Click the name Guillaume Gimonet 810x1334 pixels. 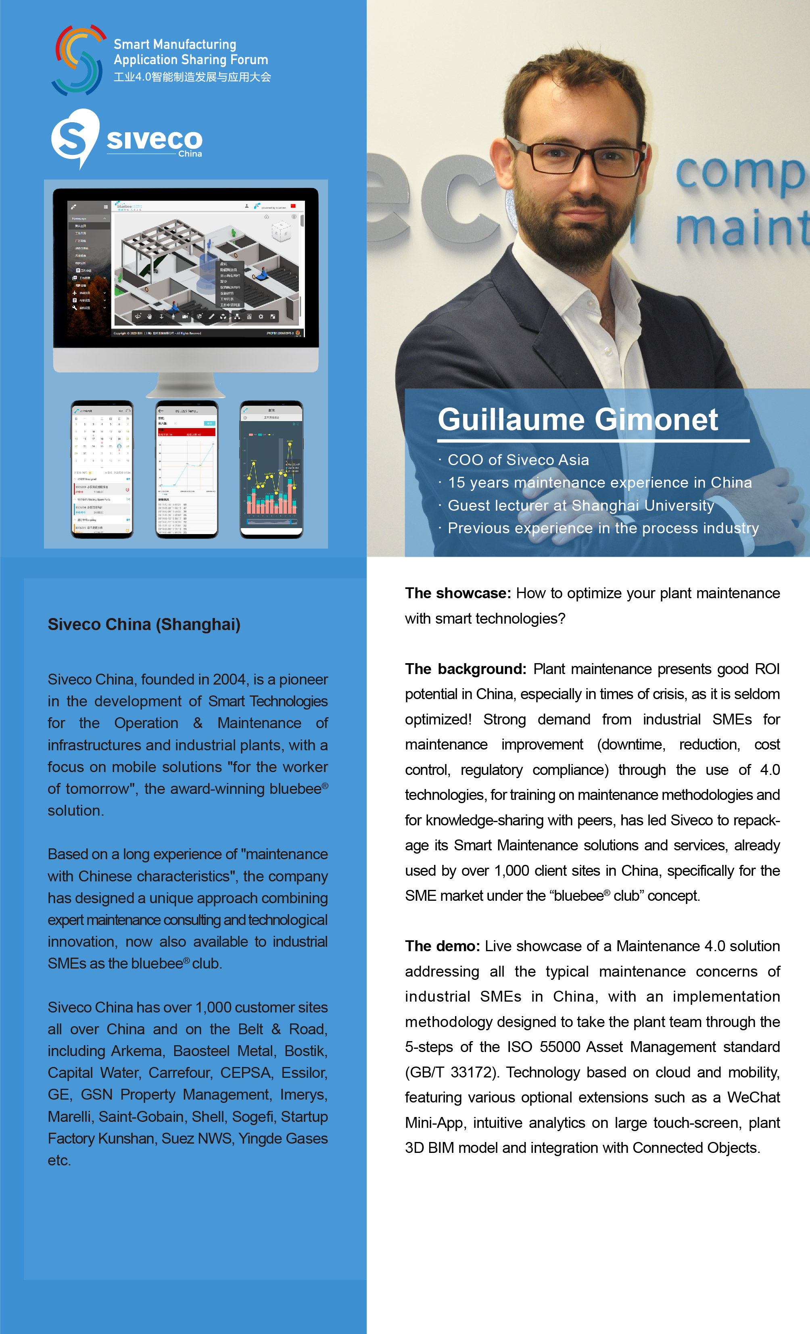pos(577,420)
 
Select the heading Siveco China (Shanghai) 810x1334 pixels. pos(144,624)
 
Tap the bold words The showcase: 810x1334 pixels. pos(457,593)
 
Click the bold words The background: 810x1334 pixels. pos(465,669)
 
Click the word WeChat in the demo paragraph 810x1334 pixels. pos(753,1097)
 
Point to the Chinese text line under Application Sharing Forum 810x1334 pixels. pos(192,77)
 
